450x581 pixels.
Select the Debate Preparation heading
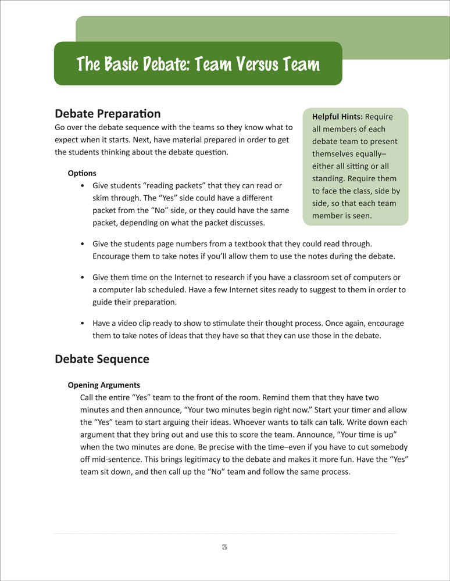pyautogui.click(x=107, y=113)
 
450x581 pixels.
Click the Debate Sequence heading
pyautogui.click(x=102, y=359)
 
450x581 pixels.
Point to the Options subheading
pyautogui.click(x=82, y=173)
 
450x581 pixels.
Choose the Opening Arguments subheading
pyautogui.click(x=104, y=385)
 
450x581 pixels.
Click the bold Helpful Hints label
pyautogui.click(x=337, y=117)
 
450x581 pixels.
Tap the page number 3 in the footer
pyautogui.click(x=224, y=547)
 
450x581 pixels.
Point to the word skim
pyautogui.click(x=102, y=198)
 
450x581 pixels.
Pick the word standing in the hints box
pyautogui.click(x=331, y=178)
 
